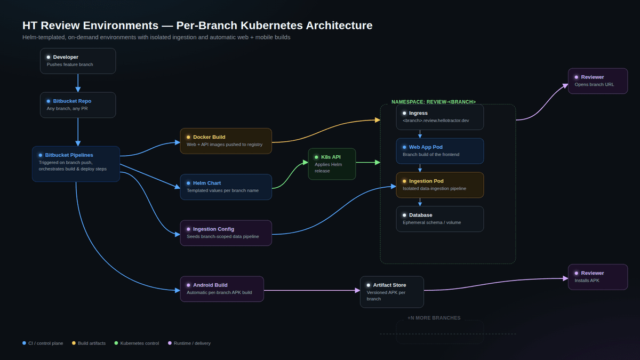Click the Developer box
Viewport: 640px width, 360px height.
[x=78, y=61]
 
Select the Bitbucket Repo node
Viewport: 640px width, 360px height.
[x=78, y=105]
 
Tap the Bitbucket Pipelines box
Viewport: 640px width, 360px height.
[x=76, y=164]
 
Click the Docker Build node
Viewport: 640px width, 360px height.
[x=226, y=141]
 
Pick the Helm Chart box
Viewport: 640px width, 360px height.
[x=226, y=187]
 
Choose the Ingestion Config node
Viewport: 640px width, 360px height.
[x=226, y=233]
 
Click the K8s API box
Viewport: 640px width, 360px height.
[x=332, y=164]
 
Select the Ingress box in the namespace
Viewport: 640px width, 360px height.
[x=439, y=117]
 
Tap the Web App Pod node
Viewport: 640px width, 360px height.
[x=439, y=151]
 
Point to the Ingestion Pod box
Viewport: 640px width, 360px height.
[x=439, y=185]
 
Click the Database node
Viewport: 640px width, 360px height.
[x=439, y=219]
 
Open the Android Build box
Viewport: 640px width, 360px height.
[x=222, y=289]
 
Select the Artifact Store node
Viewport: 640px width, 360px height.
[x=391, y=292]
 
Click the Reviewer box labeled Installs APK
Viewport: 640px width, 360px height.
[x=598, y=277]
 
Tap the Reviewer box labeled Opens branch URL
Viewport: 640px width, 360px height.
[x=598, y=81]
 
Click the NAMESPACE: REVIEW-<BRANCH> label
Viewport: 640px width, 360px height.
[x=434, y=102]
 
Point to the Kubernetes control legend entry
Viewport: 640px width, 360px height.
[x=137, y=343]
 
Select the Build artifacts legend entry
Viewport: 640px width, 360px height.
[x=89, y=343]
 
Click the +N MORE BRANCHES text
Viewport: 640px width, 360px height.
[x=434, y=318]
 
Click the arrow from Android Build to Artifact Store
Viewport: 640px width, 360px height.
[x=311, y=290]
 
